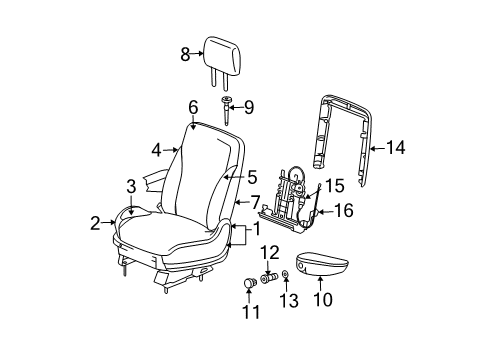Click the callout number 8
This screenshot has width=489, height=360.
point(185,56)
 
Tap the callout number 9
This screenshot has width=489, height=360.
point(250,107)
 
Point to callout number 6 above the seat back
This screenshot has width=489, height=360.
point(193,104)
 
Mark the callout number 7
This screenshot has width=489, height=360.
point(256,201)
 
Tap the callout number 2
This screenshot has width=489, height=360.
point(95,223)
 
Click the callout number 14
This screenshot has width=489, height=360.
point(396,149)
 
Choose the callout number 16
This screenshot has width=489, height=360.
point(343,212)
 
